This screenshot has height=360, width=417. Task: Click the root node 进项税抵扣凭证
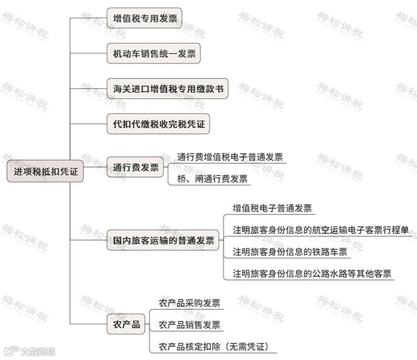45,171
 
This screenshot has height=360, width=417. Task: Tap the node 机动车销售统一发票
153,54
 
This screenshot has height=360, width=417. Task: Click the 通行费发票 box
136,167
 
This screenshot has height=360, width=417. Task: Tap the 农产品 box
126,325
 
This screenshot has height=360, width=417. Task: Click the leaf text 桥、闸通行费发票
212,179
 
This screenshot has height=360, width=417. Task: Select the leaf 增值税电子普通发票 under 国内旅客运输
272,208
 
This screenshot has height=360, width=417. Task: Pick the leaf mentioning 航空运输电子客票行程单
320,230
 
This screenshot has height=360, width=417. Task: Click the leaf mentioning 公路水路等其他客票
312,274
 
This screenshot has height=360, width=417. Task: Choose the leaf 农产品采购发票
189,303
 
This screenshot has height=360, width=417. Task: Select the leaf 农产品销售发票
189,325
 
